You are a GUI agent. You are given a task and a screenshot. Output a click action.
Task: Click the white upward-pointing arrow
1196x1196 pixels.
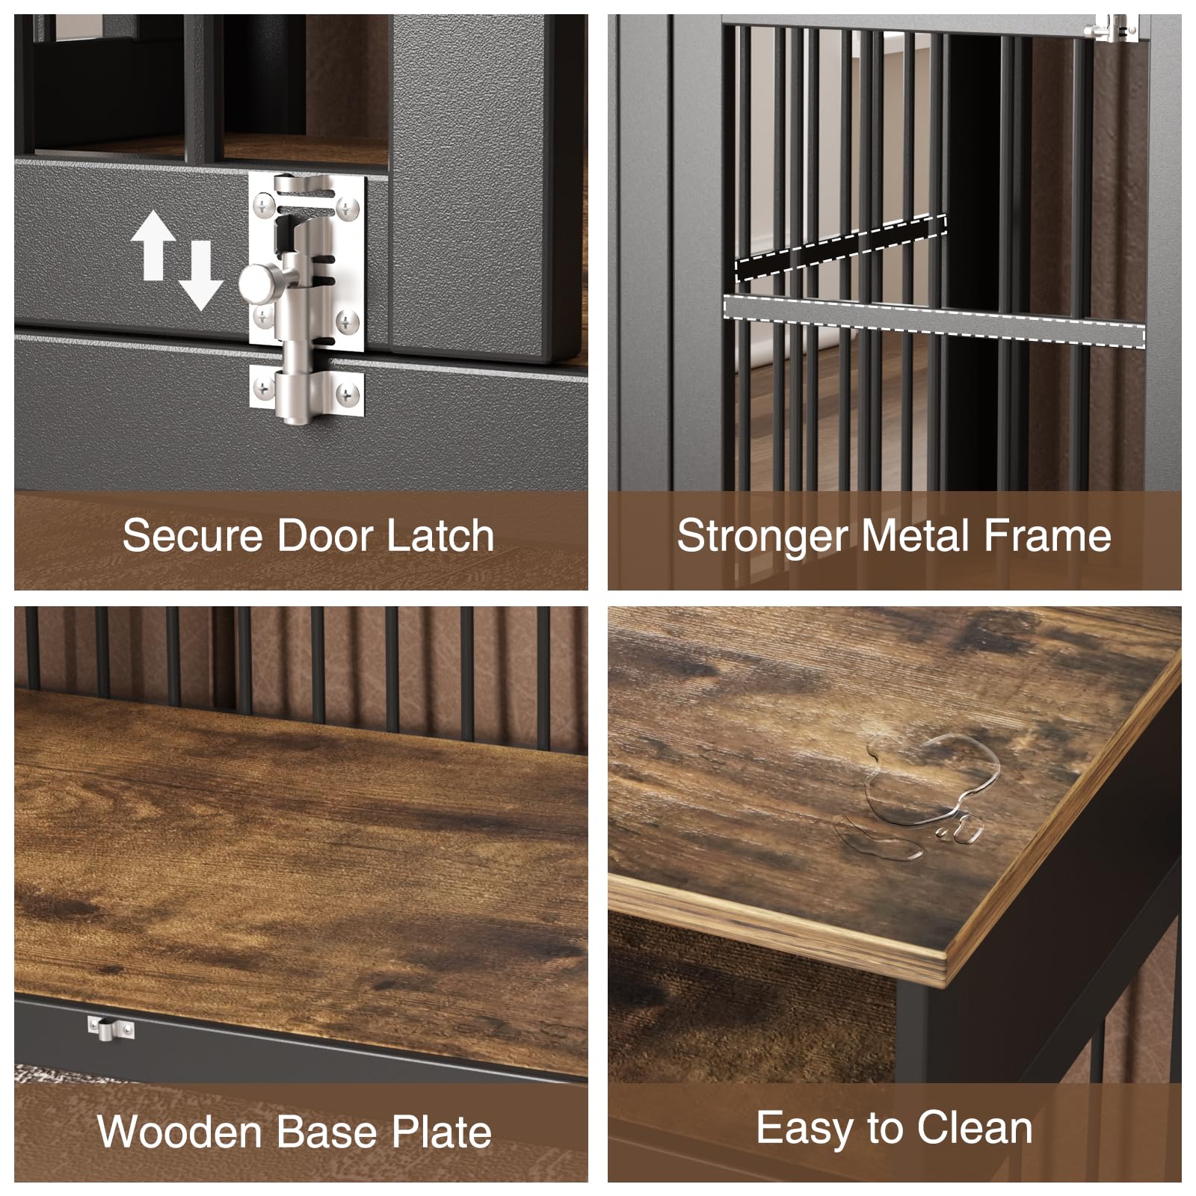coord(152,244)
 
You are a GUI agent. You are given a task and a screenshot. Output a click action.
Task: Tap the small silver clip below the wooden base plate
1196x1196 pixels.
coord(111,1028)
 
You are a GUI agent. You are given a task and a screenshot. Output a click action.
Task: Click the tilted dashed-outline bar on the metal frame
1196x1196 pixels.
coord(841,247)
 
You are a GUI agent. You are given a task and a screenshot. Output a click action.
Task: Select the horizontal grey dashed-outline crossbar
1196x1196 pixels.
coord(934,321)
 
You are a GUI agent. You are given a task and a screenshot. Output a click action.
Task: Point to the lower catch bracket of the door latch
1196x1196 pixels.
coord(307,392)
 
